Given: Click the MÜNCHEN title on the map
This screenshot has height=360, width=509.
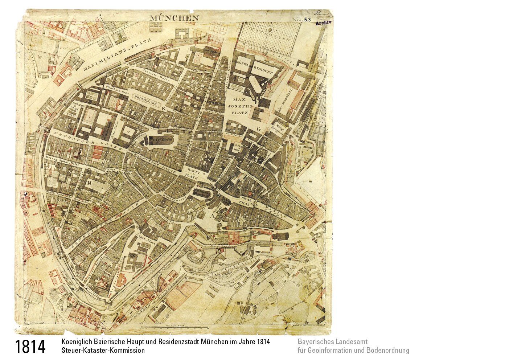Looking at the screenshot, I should (x=174, y=18).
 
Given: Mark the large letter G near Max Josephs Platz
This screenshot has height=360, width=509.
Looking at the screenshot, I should (x=259, y=129).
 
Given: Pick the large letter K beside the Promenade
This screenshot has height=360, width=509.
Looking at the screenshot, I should (x=164, y=108).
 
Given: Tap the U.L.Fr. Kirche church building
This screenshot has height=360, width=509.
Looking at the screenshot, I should (x=161, y=140).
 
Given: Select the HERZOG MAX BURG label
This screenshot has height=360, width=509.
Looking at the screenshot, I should (x=75, y=109).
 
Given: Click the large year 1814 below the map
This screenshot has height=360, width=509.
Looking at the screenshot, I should (x=30, y=347).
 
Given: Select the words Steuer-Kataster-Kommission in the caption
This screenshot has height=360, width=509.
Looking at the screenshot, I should (x=103, y=351).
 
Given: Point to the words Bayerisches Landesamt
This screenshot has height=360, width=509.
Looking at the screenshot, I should (x=332, y=342).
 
